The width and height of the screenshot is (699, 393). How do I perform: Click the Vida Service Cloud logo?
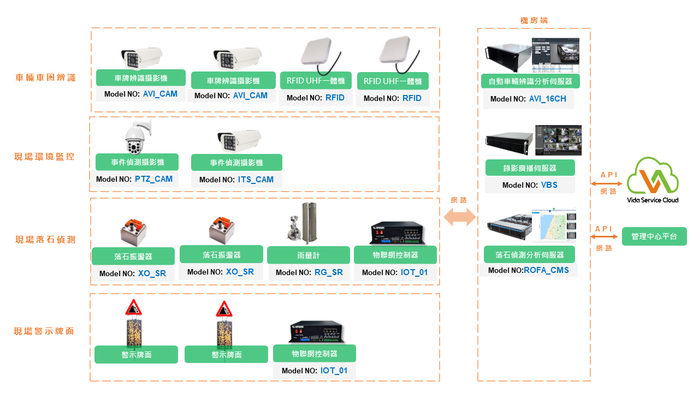point(653,180)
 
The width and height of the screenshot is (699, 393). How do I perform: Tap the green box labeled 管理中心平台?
point(654,236)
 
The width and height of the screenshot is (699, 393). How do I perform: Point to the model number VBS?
point(549,184)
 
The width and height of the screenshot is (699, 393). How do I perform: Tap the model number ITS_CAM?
point(256,179)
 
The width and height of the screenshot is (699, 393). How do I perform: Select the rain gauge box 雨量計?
point(309,255)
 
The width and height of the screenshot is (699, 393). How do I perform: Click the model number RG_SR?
point(329,272)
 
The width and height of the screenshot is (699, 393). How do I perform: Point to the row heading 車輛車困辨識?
point(45,78)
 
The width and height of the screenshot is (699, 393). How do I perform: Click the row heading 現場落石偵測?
point(44,240)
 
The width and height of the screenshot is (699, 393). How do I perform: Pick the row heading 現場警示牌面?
point(44,331)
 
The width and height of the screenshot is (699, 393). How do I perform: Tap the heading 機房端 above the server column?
point(534,20)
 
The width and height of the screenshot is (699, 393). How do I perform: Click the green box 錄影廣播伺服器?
point(530,168)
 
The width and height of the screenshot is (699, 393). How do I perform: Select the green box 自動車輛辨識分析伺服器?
point(531,82)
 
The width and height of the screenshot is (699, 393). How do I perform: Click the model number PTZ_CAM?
point(153,178)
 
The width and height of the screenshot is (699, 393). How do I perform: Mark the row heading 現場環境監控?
point(44,157)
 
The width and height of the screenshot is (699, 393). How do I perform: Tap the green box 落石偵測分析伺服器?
point(529,254)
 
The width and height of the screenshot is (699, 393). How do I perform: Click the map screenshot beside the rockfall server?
point(554,224)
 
